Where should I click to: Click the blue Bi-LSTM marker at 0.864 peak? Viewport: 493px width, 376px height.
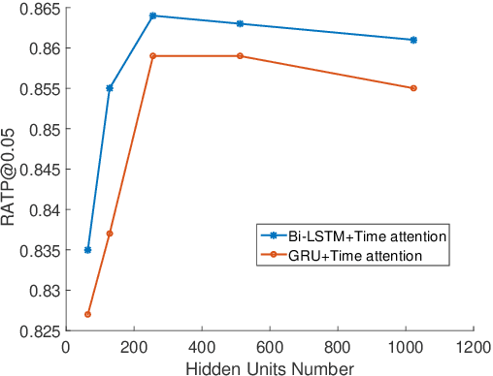(153, 16)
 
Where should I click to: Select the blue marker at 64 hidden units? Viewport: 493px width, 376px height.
(88, 250)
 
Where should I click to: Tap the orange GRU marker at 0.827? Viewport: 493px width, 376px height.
(88, 314)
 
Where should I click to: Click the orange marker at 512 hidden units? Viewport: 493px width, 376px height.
(240, 56)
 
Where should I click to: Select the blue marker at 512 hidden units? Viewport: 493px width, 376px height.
(240, 23)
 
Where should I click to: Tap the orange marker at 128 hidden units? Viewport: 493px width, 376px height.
(110, 234)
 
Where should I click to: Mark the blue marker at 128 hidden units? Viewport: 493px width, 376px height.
(110, 88)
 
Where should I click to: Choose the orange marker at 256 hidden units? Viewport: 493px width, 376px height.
(153, 56)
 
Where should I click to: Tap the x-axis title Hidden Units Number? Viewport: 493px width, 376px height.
(270, 367)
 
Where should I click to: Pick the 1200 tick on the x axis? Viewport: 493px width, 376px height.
(473, 346)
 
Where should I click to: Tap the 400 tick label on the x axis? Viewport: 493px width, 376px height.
(202, 346)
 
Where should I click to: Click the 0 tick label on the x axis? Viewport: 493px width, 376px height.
(67, 346)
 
